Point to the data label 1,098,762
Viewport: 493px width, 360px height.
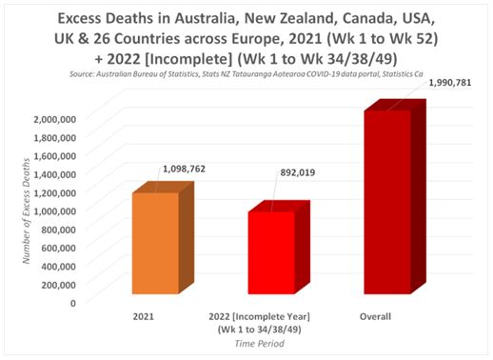(x=184, y=169)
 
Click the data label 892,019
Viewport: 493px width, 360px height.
(x=297, y=172)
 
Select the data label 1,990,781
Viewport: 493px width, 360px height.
(x=450, y=83)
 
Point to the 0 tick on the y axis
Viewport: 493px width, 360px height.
(x=73, y=303)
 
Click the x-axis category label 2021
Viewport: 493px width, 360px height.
(x=143, y=316)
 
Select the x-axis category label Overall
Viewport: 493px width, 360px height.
(x=375, y=316)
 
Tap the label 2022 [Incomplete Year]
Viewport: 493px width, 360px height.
(x=259, y=317)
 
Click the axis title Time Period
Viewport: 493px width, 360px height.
(x=259, y=344)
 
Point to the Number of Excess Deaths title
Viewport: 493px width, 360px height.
(x=26, y=210)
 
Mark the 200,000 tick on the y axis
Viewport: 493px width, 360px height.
(x=59, y=285)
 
